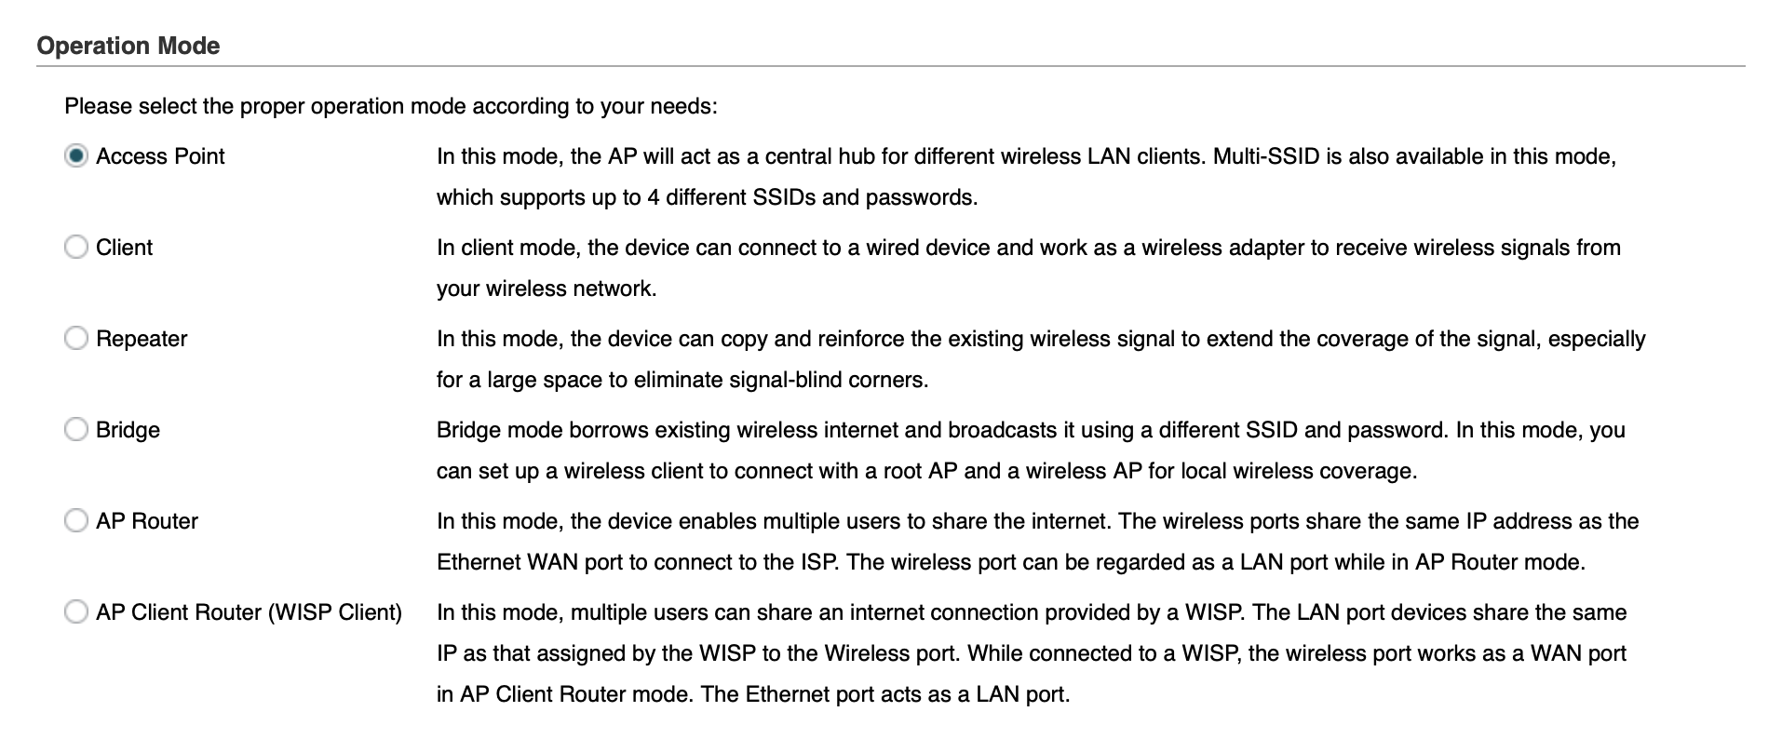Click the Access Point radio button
(x=76, y=156)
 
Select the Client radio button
(x=76, y=248)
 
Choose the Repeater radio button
(x=76, y=339)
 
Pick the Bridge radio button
(x=76, y=430)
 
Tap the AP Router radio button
(x=76, y=521)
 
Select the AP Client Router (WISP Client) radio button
(x=76, y=612)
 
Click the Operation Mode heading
(x=128, y=47)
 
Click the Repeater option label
(x=142, y=340)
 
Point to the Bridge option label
(x=128, y=431)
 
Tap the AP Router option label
(x=147, y=521)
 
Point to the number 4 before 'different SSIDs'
(x=654, y=197)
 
